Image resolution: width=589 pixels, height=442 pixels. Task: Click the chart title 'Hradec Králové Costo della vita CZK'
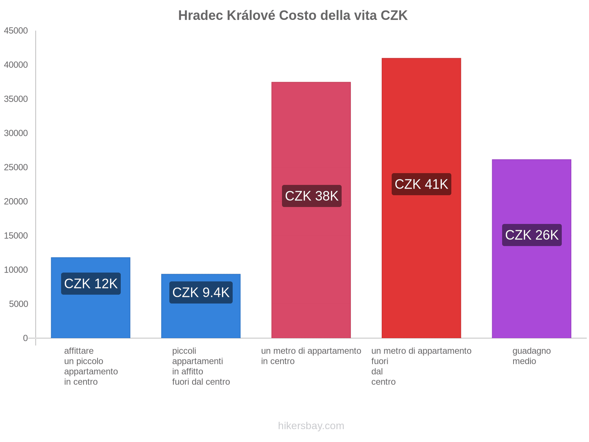[x=293, y=15]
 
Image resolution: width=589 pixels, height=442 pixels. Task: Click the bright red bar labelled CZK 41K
[x=421, y=258]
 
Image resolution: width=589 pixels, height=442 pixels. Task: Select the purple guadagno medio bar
[x=532, y=287]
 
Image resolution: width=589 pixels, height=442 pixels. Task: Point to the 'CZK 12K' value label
[x=91, y=284]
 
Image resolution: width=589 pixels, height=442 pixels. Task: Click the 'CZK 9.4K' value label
[x=201, y=292]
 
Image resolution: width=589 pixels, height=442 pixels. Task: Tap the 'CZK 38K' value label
[x=311, y=196]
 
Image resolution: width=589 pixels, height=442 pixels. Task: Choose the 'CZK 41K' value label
[x=421, y=184]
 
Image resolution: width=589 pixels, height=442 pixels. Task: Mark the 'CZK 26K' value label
[x=532, y=235]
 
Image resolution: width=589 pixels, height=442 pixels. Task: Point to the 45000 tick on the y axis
[x=16, y=31]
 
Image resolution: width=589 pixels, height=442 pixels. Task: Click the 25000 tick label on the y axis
[x=16, y=167]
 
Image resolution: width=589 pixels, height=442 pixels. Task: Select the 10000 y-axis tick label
[x=16, y=270]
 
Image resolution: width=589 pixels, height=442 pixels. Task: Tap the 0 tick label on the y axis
[x=25, y=338]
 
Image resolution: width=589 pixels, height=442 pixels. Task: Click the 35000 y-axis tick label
[x=16, y=99]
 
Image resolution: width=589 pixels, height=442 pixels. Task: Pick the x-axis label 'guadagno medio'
[x=532, y=356]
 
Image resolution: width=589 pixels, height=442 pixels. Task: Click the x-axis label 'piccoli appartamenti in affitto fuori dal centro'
[x=201, y=366]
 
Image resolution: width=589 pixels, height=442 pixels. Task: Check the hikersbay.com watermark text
[x=311, y=426]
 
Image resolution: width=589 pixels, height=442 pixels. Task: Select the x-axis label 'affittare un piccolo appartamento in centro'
[x=91, y=366]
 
